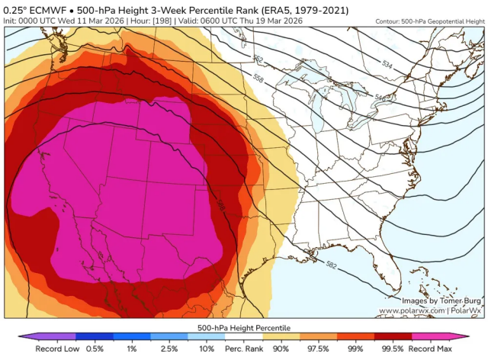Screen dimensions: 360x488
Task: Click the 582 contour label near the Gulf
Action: [331, 265]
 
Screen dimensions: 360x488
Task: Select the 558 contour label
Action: [257, 79]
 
